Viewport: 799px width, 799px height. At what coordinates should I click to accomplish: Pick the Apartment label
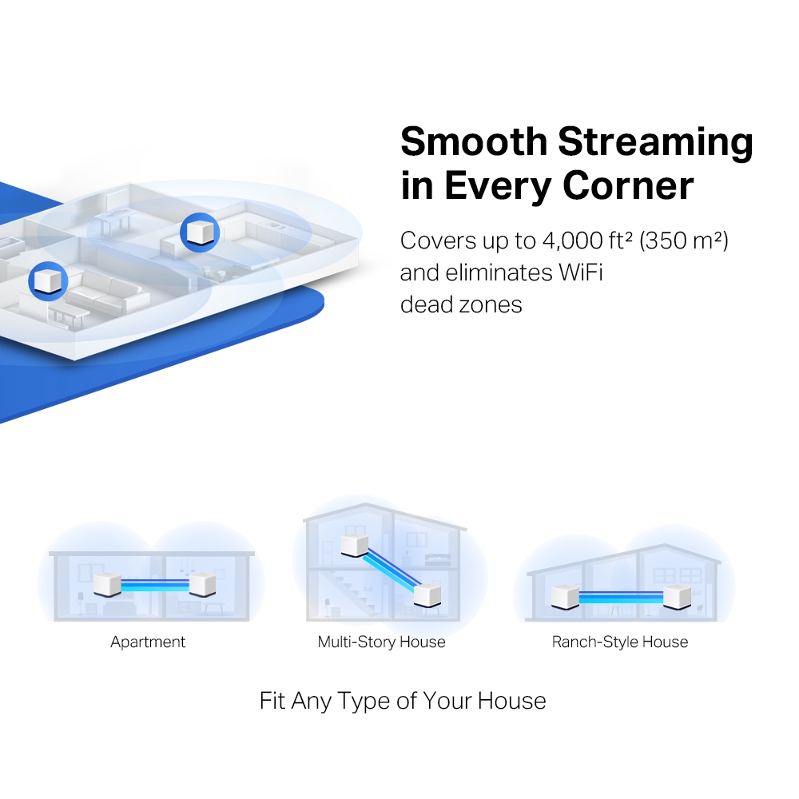(148, 642)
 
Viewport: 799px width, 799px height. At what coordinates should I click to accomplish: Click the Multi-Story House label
(381, 642)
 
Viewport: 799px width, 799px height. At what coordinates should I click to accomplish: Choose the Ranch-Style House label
(619, 642)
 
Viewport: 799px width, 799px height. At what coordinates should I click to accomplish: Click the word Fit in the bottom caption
(272, 701)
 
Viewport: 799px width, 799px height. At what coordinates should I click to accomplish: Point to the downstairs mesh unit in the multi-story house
(427, 594)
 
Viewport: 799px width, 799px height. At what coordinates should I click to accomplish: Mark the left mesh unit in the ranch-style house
(565, 596)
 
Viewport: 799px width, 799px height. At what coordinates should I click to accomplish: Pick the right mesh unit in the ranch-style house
(678, 596)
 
